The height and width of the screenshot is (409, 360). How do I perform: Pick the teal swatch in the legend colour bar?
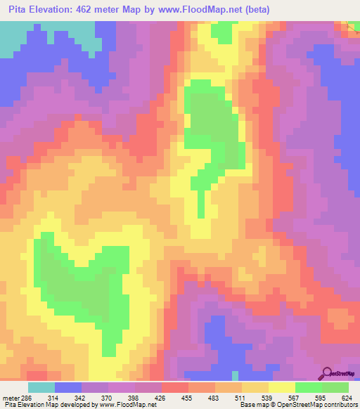41,387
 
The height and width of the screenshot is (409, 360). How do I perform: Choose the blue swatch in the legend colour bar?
68,387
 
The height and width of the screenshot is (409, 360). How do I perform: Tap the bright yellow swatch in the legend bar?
282,387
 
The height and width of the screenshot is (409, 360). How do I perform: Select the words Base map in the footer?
253,405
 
